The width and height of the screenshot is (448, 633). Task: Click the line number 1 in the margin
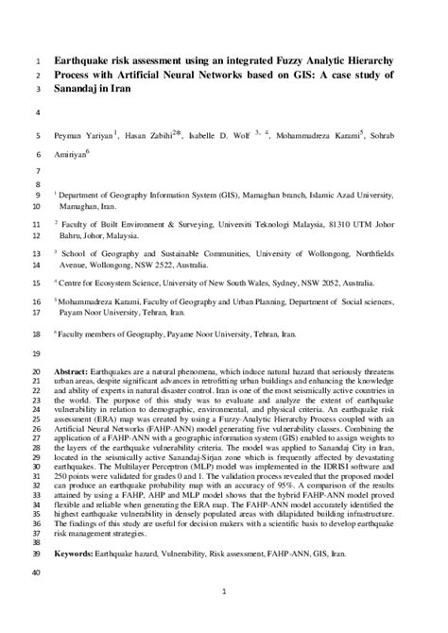[x=36, y=60]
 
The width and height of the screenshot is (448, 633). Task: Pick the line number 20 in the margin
[x=35, y=372]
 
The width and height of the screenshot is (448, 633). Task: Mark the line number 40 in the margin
[x=35, y=547]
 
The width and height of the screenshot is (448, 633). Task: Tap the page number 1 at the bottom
[x=223, y=592]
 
